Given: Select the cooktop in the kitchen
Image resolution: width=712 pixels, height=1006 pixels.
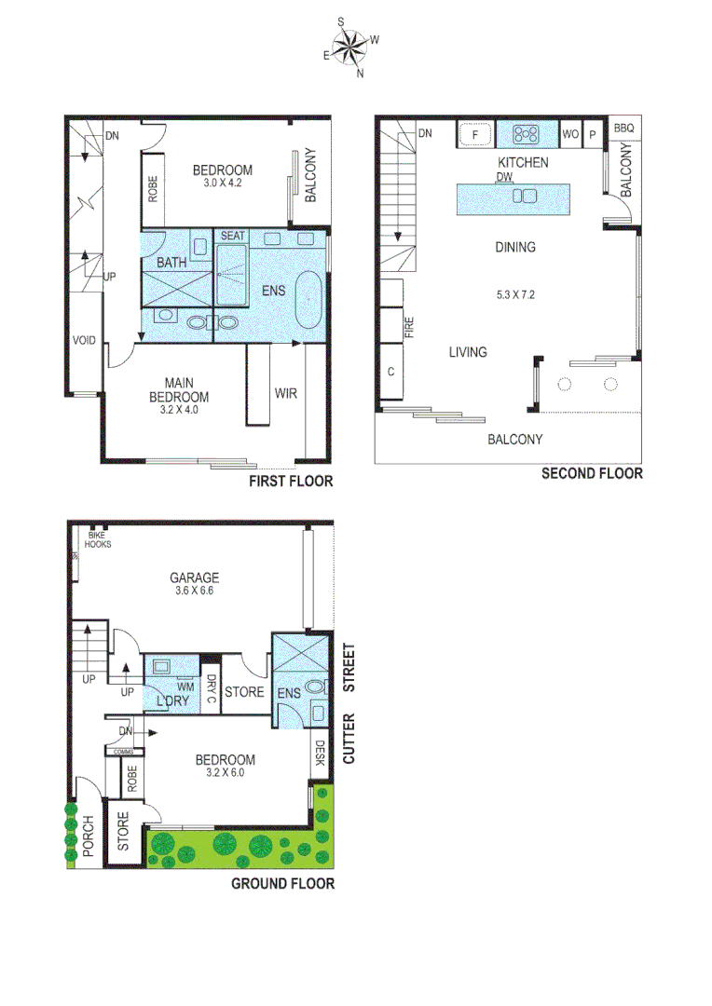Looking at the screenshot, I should (527, 134).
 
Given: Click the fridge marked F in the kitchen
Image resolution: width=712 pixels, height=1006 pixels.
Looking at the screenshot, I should (475, 134).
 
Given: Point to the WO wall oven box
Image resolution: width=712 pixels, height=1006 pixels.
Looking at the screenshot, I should (570, 134).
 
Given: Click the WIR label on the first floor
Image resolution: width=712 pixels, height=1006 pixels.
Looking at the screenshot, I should (286, 394).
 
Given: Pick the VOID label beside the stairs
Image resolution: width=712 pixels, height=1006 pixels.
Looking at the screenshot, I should (84, 340).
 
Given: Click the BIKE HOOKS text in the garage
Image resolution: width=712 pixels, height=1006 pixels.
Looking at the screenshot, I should (97, 539).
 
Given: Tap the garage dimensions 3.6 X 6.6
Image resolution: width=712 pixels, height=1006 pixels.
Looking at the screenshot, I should (194, 590).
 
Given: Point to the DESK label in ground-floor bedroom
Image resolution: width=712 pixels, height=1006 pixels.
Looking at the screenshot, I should (320, 753).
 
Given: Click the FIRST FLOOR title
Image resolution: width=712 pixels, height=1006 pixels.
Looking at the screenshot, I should (290, 482).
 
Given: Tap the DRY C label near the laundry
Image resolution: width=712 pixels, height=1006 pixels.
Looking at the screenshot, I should (212, 689).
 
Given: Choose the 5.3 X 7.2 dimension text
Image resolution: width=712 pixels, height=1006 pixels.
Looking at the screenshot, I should (515, 295).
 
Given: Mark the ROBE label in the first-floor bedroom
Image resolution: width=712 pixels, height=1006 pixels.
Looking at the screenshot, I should (154, 191).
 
